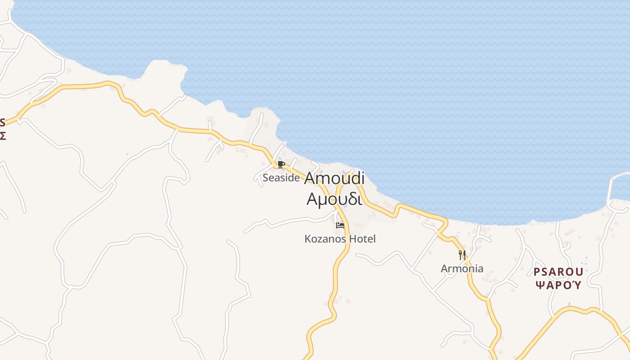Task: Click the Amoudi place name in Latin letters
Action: coord(334,178)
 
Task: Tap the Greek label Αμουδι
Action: coord(334,198)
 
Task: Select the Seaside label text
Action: coord(281,178)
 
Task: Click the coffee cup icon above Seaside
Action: coord(281,164)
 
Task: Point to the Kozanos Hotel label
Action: coord(340,239)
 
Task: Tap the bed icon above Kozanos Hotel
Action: coord(340,225)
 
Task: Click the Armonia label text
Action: coord(462,269)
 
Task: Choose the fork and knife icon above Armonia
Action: coord(462,255)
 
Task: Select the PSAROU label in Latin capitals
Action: coord(558,272)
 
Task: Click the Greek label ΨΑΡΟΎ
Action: coord(558,285)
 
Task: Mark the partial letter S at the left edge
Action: coord(2,122)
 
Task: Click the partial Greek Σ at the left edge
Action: coord(2,135)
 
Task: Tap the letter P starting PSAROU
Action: coord(537,272)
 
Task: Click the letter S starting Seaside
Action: coord(265,178)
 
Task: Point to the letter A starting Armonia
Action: coord(444,269)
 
